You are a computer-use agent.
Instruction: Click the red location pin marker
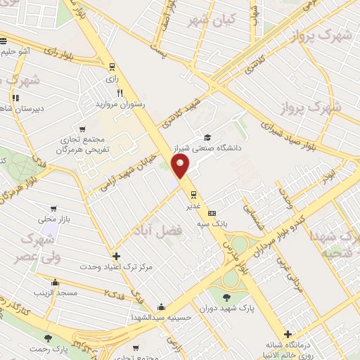pos(181,166)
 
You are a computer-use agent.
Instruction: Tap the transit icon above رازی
pos(112,67)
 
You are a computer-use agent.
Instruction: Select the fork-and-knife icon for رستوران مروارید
pos(120,92)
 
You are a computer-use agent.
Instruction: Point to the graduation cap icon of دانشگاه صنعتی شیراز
pos(207,138)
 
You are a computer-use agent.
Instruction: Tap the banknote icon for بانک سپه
pos(212,213)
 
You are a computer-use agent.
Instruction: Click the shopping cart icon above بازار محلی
pos(51,208)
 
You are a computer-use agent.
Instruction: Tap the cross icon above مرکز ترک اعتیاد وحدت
pos(116,257)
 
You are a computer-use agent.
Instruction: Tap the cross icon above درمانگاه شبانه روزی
pos(287,334)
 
